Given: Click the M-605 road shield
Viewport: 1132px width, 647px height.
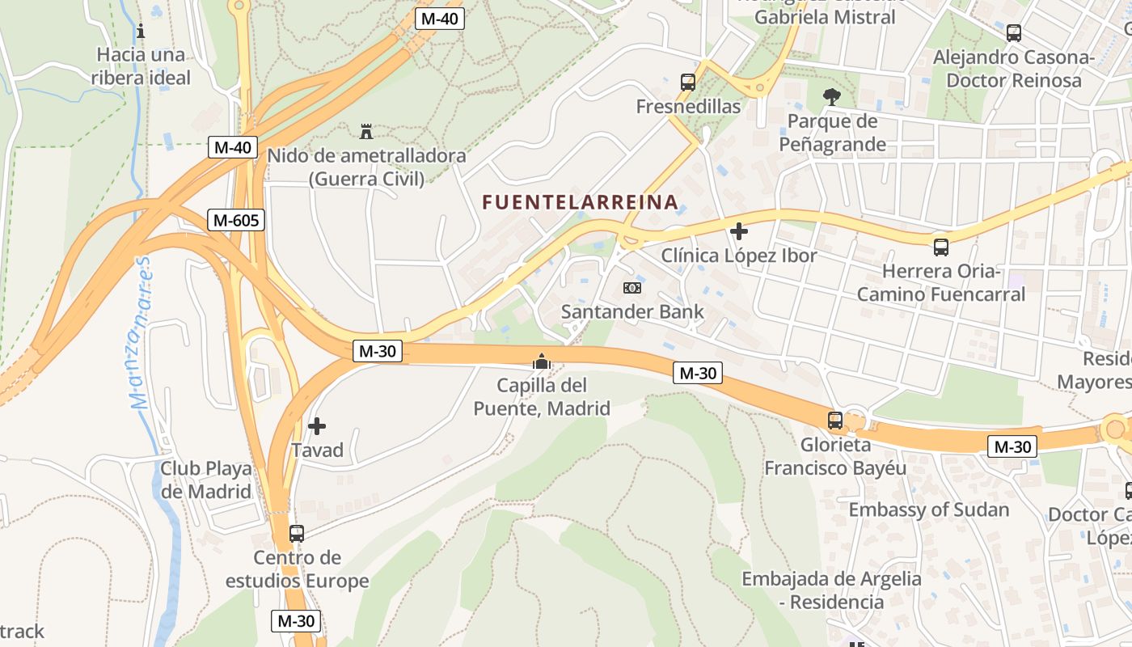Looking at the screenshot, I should [236, 219].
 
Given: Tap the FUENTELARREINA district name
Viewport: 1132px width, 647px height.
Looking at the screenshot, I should [580, 202].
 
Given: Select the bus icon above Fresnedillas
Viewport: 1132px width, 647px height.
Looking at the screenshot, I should [688, 82].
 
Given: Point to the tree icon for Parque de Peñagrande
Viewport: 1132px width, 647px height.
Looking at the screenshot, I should [831, 98].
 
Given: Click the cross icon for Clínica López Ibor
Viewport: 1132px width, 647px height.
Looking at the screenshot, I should [738, 232].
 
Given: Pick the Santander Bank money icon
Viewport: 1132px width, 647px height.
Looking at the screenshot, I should [632, 287].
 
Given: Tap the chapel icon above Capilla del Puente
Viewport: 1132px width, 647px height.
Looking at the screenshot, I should [542, 362].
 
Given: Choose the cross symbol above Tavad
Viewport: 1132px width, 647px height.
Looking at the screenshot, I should [317, 425].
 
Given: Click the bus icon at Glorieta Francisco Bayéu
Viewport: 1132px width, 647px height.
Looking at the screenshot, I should [835, 421].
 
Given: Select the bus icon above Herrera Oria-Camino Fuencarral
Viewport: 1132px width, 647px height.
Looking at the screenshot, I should [941, 247].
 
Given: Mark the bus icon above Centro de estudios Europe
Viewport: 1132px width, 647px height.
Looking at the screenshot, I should [297, 534].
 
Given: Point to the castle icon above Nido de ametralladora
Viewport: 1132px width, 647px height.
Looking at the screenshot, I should [366, 131].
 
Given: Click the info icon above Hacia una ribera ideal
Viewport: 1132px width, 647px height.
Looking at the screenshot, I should [141, 32].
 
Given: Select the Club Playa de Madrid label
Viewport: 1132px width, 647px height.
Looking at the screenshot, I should [205, 480].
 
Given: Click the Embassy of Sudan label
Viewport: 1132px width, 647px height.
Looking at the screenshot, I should [928, 510].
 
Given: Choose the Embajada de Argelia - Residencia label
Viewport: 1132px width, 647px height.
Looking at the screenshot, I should [831, 590].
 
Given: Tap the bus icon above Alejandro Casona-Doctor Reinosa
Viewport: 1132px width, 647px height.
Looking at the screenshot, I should [1013, 33].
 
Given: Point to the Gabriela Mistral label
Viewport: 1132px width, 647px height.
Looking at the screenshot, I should [825, 17].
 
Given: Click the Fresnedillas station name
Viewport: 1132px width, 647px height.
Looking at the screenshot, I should [688, 107].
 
